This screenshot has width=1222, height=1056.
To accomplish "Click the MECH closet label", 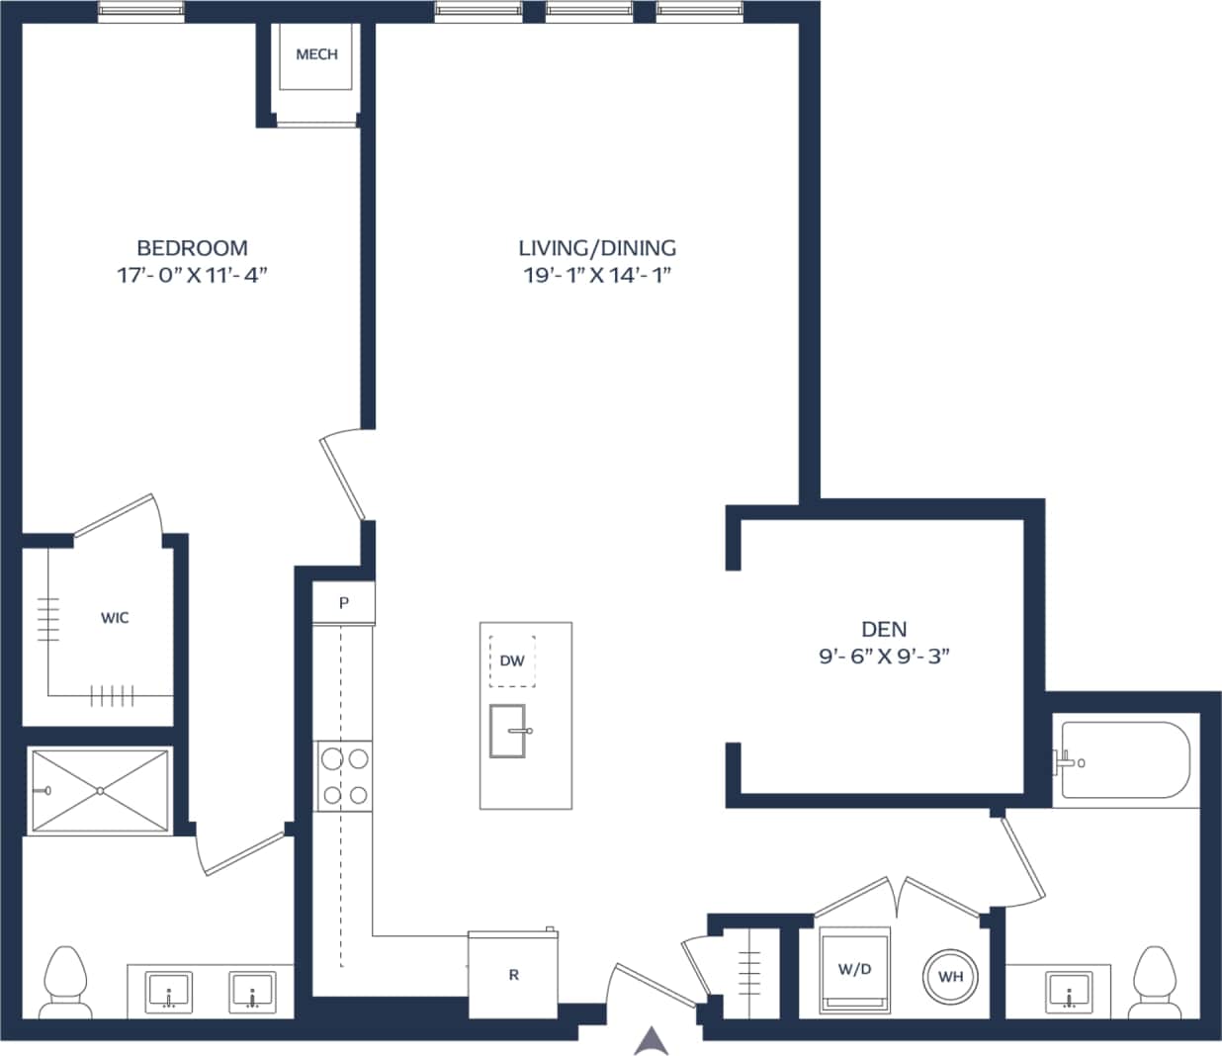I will point(316,54).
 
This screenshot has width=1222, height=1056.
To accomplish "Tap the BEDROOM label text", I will point(192,247).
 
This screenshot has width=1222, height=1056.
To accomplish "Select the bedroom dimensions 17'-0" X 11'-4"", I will point(192,275).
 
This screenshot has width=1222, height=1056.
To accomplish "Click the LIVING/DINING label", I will point(597,247).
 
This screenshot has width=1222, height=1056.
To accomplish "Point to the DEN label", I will point(884,629).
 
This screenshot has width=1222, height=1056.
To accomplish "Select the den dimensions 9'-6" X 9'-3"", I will point(884,656).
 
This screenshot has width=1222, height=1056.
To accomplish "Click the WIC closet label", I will point(115,618).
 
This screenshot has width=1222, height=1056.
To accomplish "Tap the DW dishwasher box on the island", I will point(512,660).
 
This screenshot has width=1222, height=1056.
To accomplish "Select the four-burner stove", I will point(343,776).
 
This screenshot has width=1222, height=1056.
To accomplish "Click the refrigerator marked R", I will point(513,975).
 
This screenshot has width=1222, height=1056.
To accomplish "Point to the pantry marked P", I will point(344,602).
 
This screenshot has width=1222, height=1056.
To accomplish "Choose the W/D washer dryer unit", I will point(854,970).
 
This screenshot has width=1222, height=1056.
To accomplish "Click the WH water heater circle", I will point(950,977).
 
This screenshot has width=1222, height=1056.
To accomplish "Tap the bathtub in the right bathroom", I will point(1123,762).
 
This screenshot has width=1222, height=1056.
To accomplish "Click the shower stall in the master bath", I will point(99,791).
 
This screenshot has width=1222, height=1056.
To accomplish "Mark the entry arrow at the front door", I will point(651,1040).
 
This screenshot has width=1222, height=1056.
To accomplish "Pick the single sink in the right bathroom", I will point(1069,991).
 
